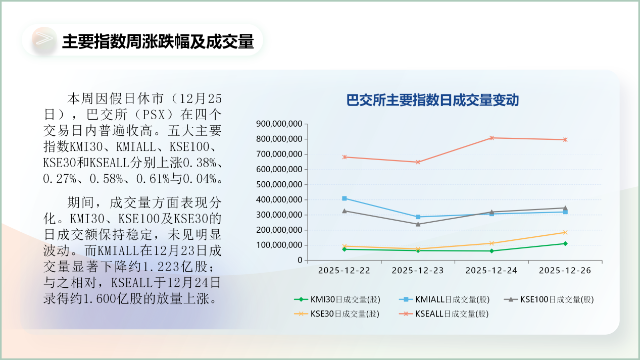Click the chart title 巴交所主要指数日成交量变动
pos(432,100)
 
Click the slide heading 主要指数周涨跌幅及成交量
pos(158,41)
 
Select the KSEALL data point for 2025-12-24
pos(491,138)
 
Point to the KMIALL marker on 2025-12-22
pos(344,198)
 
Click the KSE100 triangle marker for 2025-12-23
pos(418,224)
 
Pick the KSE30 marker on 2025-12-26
pos(565,232)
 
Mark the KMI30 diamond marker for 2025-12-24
pos(491,251)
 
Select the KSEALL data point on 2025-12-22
pos(344,157)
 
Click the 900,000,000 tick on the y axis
pos(279,124)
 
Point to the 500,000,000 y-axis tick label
pos(279,184)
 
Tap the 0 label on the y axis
pos(300,261)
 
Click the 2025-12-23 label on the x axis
pos(418,271)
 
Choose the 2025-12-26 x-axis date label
pos(565,271)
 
